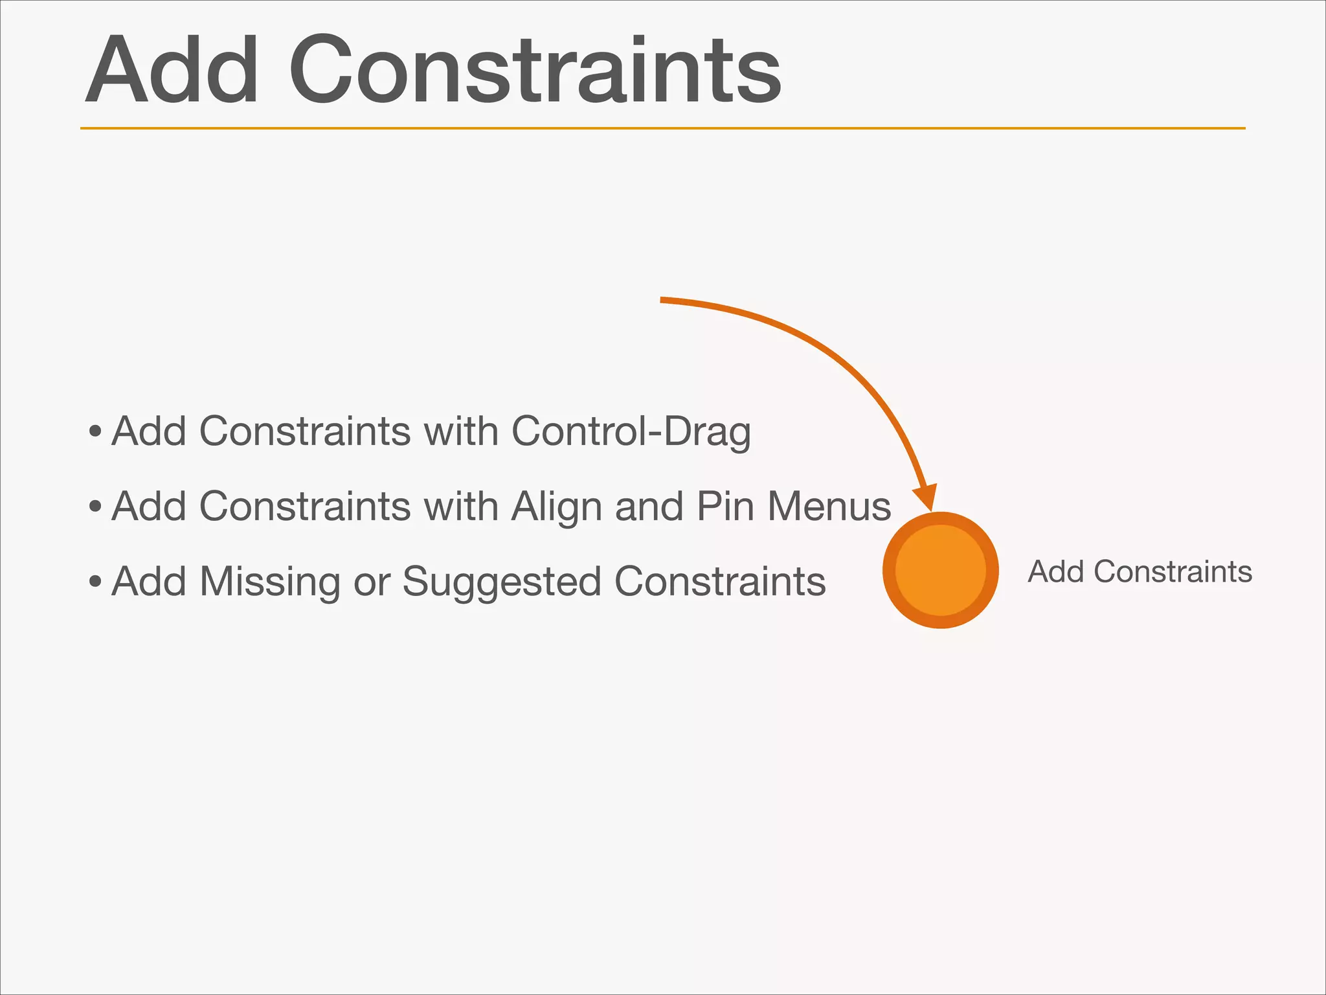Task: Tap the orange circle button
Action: [940, 570]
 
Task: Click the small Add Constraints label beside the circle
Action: [1140, 571]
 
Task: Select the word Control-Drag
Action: [631, 431]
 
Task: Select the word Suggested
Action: [502, 582]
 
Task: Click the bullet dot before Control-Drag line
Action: [95, 431]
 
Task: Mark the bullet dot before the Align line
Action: [95, 507]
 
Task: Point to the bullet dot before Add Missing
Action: [95, 582]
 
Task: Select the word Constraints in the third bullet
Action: [720, 582]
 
